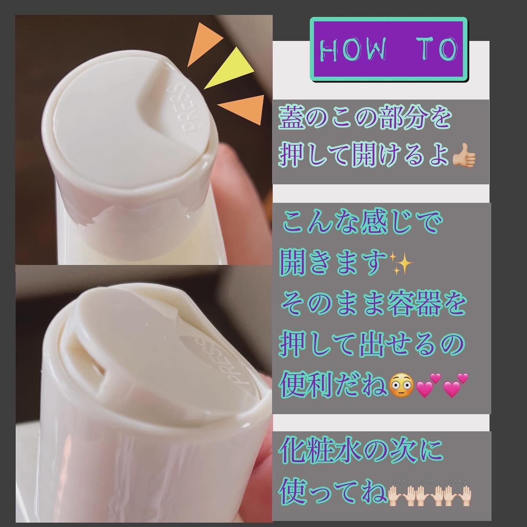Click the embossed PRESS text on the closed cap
[189, 110]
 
